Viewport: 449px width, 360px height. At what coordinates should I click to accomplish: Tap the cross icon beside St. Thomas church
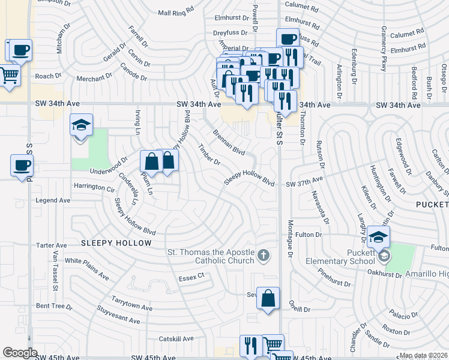click(x=262, y=257)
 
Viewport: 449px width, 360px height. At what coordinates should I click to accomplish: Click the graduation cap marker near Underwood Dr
click(x=81, y=126)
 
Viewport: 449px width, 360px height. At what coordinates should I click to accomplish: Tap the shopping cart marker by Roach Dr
click(x=9, y=76)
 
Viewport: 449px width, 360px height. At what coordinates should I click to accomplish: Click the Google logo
click(x=20, y=353)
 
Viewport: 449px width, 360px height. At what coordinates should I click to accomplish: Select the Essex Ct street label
click(x=191, y=278)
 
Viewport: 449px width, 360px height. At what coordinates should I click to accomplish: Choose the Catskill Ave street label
click(x=172, y=339)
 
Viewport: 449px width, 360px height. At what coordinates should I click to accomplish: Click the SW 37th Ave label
click(x=304, y=179)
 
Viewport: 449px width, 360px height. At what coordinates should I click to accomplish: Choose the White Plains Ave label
click(x=87, y=269)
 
